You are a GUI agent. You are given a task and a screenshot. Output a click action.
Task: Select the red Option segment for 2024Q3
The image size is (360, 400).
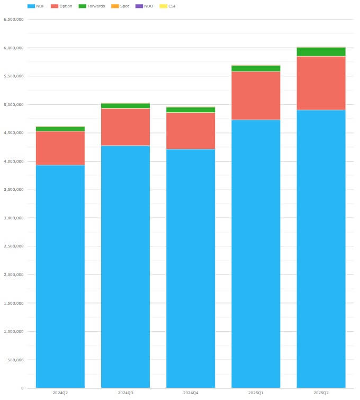pos(125,127)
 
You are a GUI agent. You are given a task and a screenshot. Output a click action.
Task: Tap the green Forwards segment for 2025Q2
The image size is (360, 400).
pos(321,51)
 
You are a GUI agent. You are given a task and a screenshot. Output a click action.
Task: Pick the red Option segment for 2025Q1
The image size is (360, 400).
pos(256,95)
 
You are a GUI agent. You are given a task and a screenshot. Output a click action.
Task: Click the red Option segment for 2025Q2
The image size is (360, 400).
pos(321,83)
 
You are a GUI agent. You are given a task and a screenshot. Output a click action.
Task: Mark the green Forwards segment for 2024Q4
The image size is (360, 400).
pos(191,110)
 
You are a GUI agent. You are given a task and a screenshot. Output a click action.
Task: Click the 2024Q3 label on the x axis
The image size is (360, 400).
pos(125,393)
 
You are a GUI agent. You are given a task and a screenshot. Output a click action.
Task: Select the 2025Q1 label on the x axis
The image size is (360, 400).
pos(256,393)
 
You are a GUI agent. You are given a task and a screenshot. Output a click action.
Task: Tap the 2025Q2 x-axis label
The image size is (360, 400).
pos(321,393)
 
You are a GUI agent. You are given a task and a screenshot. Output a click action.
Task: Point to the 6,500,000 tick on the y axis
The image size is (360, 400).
pos(14,20)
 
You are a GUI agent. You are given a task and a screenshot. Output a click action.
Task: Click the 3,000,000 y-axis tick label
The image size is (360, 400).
pos(14,218)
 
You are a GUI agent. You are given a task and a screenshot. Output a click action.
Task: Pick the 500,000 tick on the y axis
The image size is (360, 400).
pos(15,360)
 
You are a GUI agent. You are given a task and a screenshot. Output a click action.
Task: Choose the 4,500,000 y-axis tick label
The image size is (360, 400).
pos(14,133)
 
